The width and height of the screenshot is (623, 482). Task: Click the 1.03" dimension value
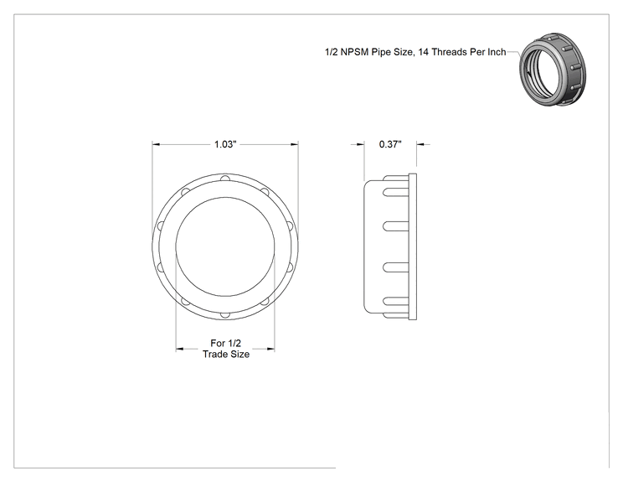tap(225, 144)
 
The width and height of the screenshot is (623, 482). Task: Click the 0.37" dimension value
tap(390, 144)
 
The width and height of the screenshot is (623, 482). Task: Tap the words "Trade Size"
tap(226, 355)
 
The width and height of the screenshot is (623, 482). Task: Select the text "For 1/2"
tap(226, 343)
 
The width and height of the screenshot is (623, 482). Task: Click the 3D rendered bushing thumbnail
tap(553, 70)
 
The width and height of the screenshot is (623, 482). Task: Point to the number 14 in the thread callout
tap(423, 52)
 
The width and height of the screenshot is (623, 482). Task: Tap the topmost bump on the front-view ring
tap(225, 179)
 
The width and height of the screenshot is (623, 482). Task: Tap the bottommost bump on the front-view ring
tap(225, 315)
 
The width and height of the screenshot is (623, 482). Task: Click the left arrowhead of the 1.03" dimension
tap(156, 144)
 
